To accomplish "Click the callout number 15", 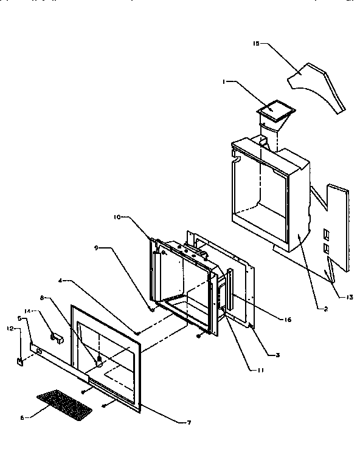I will (256, 44).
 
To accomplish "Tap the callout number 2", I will (326, 309).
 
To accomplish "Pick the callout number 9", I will (96, 248).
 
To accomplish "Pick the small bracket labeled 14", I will (56, 337).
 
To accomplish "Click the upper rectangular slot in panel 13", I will (326, 233).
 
